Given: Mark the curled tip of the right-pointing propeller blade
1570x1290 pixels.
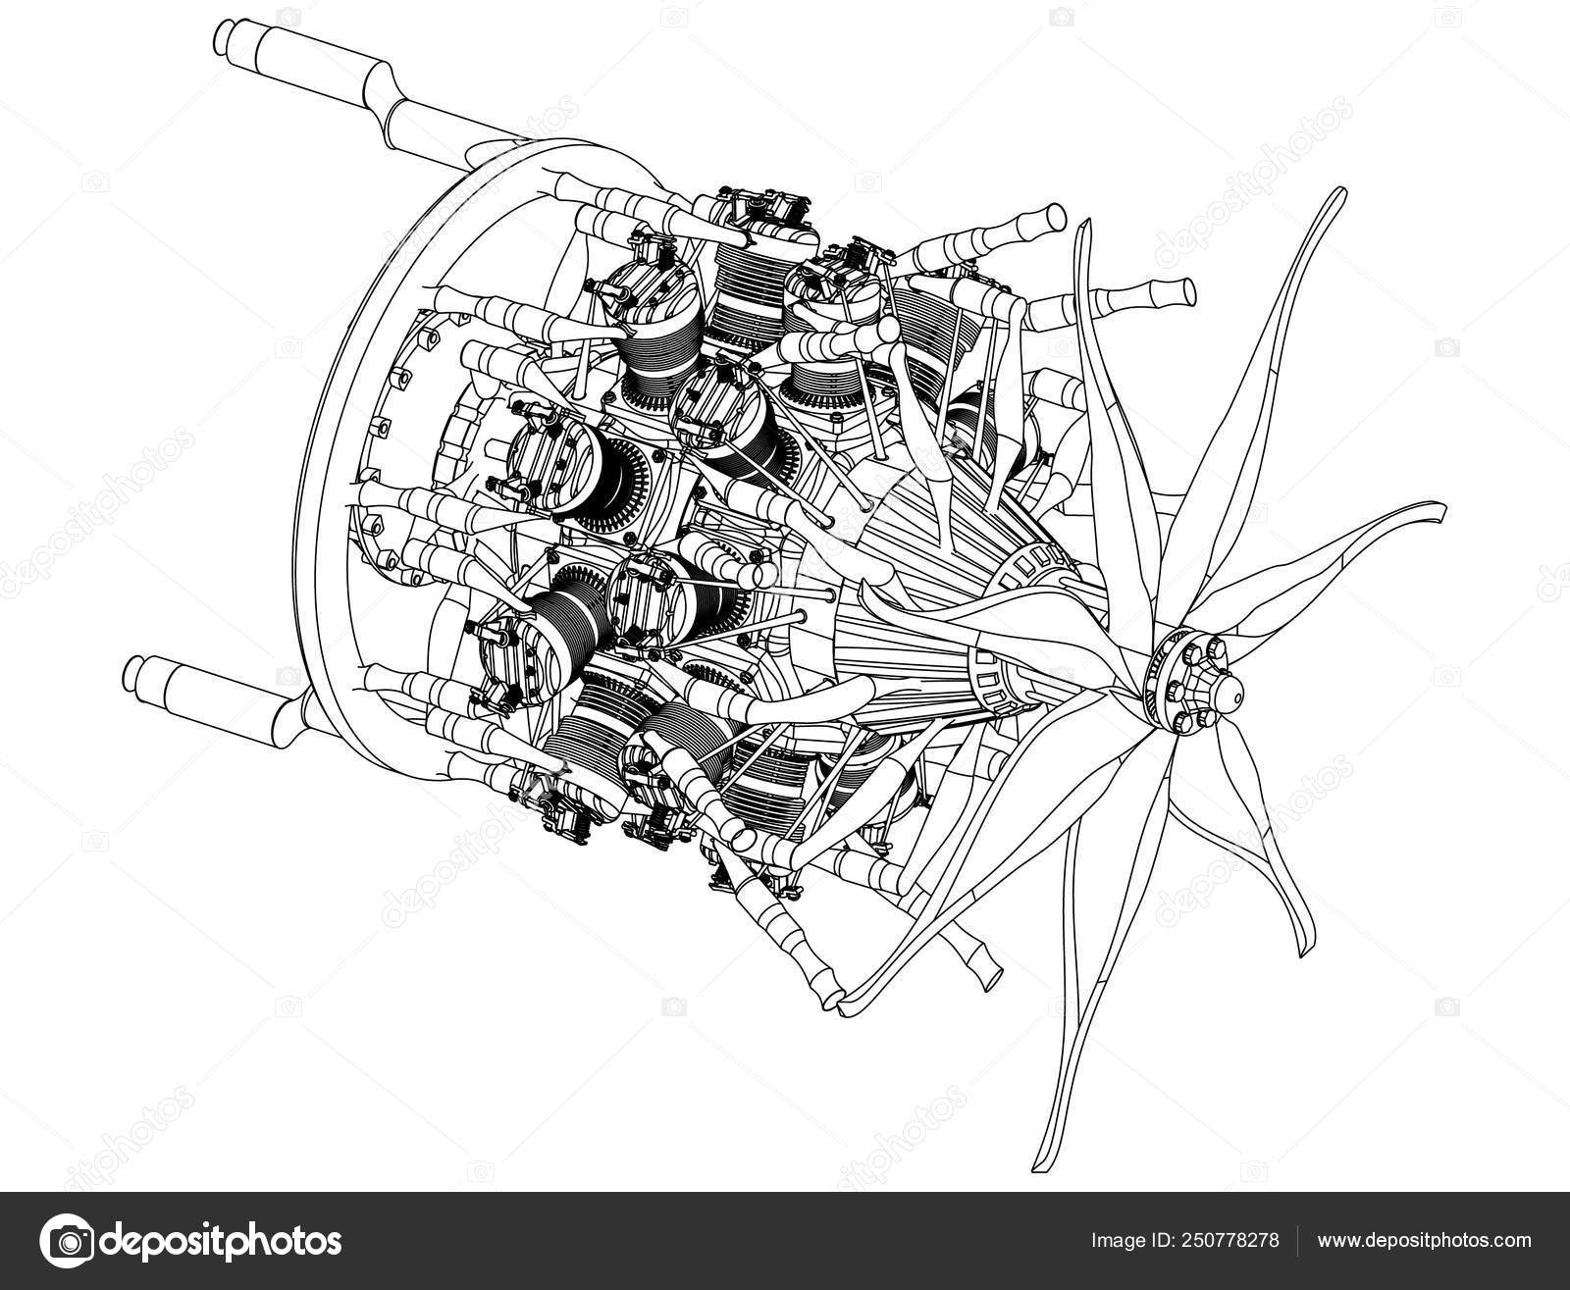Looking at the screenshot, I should pos(1439,510).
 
